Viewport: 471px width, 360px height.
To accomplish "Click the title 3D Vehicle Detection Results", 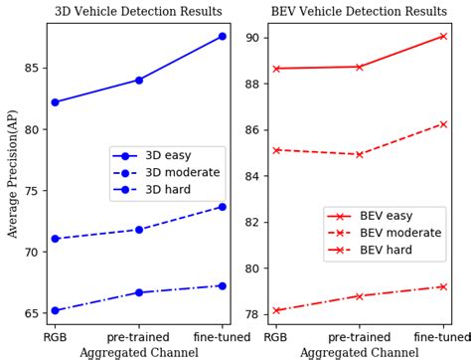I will click(138, 12).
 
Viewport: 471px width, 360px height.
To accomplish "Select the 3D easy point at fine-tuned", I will click(223, 36).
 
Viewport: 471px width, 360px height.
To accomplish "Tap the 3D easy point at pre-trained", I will click(139, 80).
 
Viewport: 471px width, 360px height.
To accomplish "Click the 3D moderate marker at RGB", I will click(55, 239).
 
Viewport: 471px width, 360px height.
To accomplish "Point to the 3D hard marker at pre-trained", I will click(139, 292).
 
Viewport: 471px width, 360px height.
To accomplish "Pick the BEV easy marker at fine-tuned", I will click(443, 36).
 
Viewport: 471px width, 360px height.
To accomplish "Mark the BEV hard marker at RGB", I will click(276, 310).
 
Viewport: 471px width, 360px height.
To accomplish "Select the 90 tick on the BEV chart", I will click(252, 38).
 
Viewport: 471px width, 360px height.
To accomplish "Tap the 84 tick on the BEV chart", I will click(252, 176).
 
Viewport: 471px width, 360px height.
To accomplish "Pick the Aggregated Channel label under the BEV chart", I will click(360, 352).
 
